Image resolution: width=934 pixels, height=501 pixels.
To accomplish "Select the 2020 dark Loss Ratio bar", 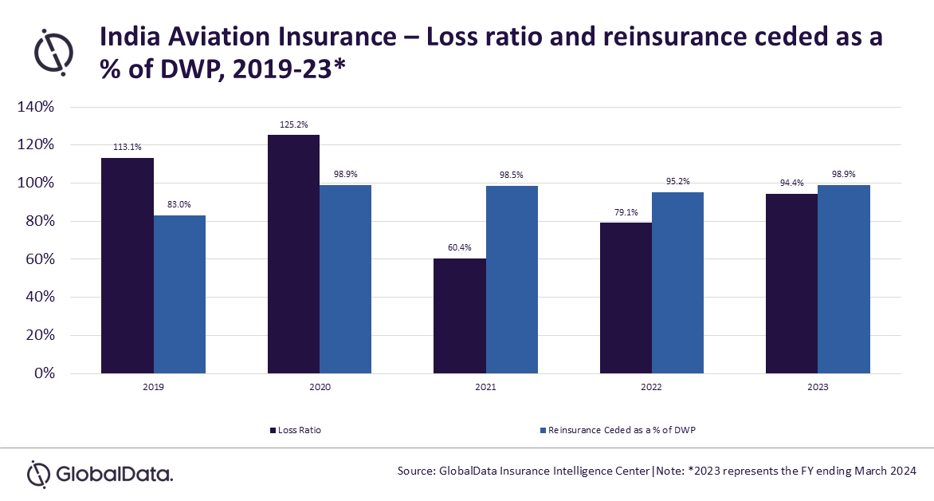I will pyautogui.click(x=293, y=254).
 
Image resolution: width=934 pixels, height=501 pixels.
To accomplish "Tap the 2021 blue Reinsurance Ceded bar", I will pyautogui.click(x=512, y=279).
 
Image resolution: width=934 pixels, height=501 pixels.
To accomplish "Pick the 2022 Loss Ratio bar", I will pyautogui.click(x=626, y=298).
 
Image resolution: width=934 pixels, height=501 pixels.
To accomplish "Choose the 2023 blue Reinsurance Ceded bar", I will pyautogui.click(x=843, y=279).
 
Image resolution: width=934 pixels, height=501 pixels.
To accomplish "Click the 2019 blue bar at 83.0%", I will pyautogui.click(x=179, y=294).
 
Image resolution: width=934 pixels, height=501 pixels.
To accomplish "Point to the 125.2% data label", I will pyautogui.click(x=293, y=124).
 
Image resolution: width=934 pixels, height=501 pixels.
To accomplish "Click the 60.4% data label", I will pyautogui.click(x=460, y=248).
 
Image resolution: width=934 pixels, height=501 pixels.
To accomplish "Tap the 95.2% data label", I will pyautogui.click(x=677, y=182).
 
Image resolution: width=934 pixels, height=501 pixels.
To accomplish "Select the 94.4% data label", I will pyautogui.click(x=791, y=183).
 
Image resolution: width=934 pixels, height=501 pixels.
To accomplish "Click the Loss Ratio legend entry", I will pyautogui.click(x=296, y=430).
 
